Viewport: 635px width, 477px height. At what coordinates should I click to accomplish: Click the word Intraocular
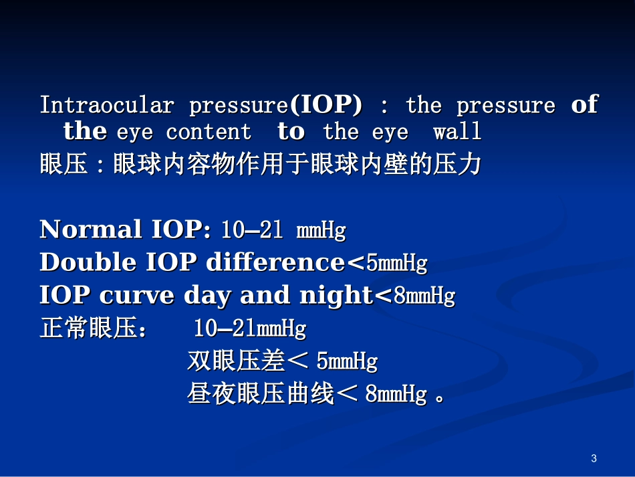[x=106, y=106]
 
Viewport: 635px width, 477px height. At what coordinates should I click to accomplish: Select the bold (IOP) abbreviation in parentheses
[x=326, y=105]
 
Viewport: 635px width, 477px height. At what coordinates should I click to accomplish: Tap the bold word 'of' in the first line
[x=584, y=105]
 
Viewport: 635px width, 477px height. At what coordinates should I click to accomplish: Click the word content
[x=209, y=132]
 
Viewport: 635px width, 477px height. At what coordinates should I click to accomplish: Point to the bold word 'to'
[x=291, y=132]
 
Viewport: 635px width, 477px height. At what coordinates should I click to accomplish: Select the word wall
[x=457, y=132]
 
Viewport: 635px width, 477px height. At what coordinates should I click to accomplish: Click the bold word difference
[x=275, y=263]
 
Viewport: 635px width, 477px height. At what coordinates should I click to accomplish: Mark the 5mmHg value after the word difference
[x=396, y=264]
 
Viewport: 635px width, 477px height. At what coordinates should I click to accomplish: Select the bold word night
[x=335, y=296]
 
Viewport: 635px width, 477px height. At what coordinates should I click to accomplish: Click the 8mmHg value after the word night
[x=424, y=296]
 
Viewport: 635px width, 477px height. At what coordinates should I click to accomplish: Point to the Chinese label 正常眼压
[x=88, y=329]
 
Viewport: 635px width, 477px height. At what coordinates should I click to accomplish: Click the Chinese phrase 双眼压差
[x=236, y=362]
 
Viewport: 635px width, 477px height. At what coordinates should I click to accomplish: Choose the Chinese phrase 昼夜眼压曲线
[x=261, y=395]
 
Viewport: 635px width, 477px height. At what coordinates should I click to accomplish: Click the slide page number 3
[x=594, y=458]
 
